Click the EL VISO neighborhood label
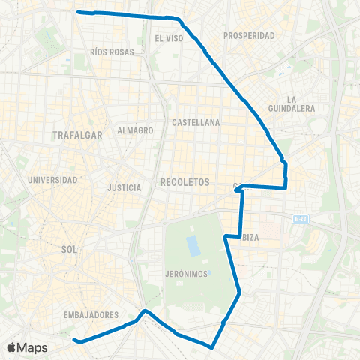tap(169, 37)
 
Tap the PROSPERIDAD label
tap(250, 35)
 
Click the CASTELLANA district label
tap(195, 121)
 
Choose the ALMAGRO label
tap(136, 130)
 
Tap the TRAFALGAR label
tap(77, 136)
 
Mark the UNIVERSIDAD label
tap(52, 180)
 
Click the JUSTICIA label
tap(124, 187)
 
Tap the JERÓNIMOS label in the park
tap(186, 274)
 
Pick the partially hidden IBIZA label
tap(250, 237)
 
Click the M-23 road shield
tap(301, 219)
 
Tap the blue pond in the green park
tap(194, 244)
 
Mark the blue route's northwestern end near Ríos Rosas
tap(78, 12)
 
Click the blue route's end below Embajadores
tap(74, 340)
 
